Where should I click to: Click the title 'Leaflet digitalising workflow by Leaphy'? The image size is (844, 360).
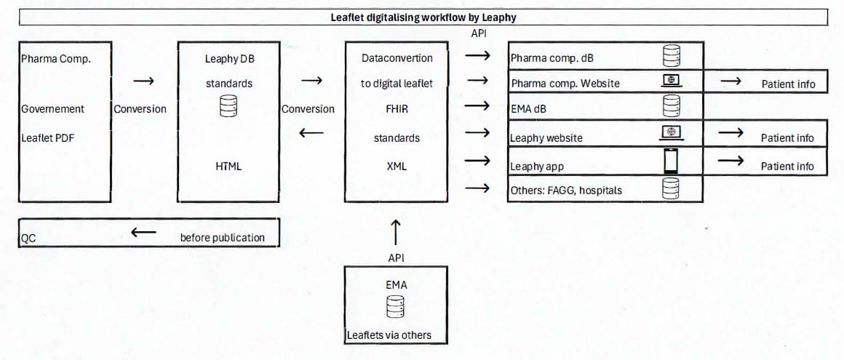[x=424, y=17]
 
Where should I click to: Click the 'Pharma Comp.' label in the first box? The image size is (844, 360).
[x=56, y=59]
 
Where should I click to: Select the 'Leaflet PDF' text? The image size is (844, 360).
[x=47, y=137]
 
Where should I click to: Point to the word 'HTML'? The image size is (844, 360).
[x=228, y=166]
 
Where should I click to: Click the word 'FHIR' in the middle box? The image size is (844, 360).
[x=397, y=109]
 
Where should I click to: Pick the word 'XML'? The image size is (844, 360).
[x=397, y=166]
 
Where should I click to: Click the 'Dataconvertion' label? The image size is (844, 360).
[x=397, y=57]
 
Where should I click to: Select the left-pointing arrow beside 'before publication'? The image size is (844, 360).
[x=143, y=233]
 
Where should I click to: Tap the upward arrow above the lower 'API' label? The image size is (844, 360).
[x=396, y=232]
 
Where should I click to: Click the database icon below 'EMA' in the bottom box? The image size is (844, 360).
[x=396, y=308]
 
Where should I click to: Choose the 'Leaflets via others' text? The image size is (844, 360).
[x=389, y=335]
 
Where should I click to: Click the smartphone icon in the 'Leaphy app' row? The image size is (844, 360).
[x=671, y=161]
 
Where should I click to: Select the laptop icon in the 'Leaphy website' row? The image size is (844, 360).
[x=671, y=132]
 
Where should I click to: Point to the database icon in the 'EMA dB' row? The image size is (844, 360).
[x=671, y=106]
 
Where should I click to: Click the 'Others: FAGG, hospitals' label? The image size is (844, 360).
[x=566, y=191]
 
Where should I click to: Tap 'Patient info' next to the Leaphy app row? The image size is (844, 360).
[x=787, y=166]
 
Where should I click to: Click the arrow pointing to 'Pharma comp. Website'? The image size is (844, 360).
[x=477, y=80]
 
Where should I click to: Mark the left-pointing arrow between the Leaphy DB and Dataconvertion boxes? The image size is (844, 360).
[x=311, y=133]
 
